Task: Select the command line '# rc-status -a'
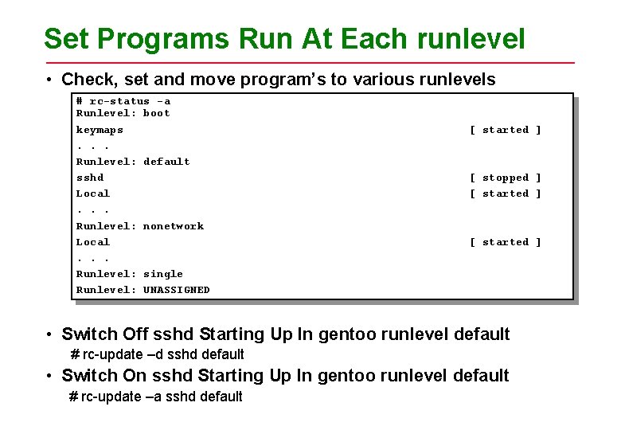pyautogui.click(x=123, y=101)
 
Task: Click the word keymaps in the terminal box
pyautogui.click(x=100, y=130)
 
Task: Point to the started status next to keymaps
pyautogui.click(x=505, y=130)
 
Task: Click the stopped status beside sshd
pyautogui.click(x=505, y=178)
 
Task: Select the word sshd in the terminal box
pyautogui.click(x=90, y=178)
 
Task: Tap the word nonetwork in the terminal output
pyautogui.click(x=174, y=226)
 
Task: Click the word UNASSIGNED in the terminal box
pyautogui.click(x=177, y=290)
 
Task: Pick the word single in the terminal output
pyautogui.click(x=163, y=274)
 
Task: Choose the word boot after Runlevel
pyautogui.click(x=157, y=113)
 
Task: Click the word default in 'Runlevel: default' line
pyautogui.click(x=166, y=162)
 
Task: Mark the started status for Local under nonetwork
pyautogui.click(x=505, y=242)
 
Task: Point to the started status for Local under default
pyautogui.click(x=505, y=193)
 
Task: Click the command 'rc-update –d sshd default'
pyautogui.click(x=162, y=354)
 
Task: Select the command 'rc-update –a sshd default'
pyautogui.click(x=162, y=397)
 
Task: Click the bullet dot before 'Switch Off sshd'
pyautogui.click(x=49, y=334)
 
